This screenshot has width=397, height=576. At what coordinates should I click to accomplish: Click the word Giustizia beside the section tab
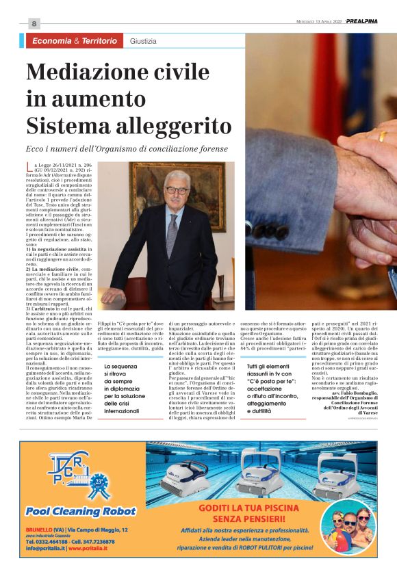(143, 41)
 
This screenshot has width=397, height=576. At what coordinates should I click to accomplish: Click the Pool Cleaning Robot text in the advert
(81, 511)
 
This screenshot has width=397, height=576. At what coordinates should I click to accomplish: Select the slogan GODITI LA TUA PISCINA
(248, 514)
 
